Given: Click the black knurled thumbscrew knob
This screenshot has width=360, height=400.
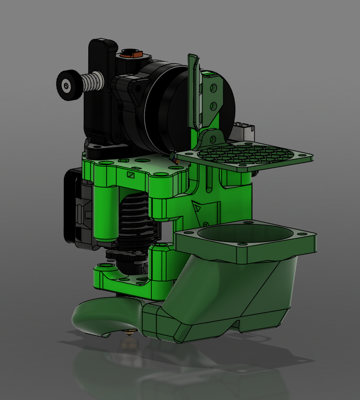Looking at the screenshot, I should [70, 85].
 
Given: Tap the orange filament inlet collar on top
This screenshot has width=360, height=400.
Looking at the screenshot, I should [132, 53].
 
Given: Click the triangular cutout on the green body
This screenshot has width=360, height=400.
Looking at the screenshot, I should [197, 207].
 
